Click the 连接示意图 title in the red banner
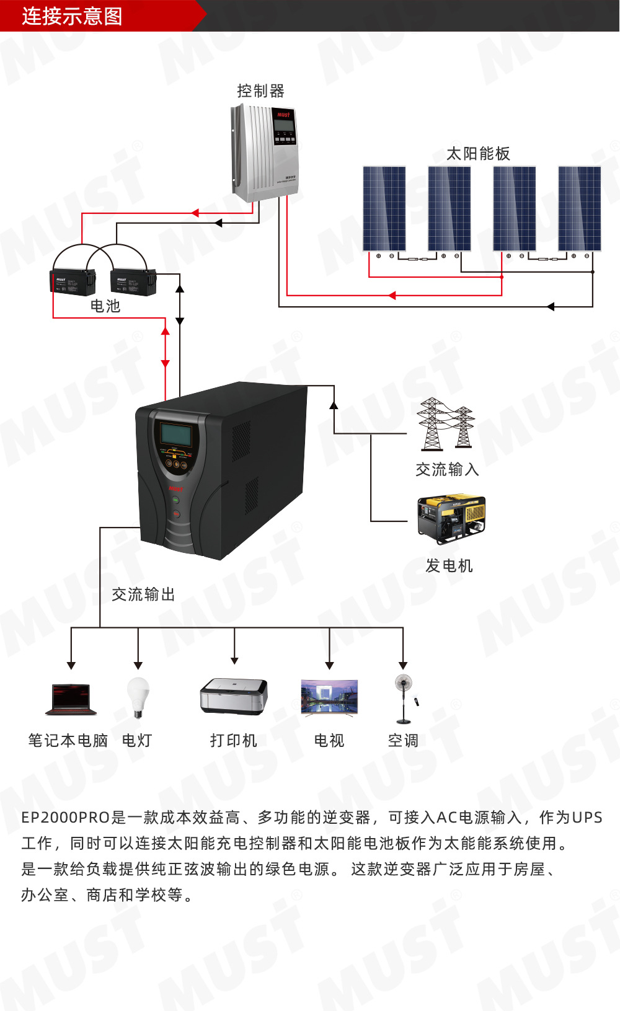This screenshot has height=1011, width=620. pos(72,16)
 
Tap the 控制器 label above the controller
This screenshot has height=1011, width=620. pos(260,91)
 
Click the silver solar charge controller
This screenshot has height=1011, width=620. pos(265,152)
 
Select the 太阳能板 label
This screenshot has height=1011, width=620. pos(478,154)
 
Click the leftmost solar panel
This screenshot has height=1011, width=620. pos(384,208)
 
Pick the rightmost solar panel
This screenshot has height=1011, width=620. pos(579,208)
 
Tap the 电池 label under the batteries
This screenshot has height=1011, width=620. pos(105,306)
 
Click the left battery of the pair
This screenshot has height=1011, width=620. pos(73,281)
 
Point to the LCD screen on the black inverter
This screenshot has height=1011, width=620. pos(176,434)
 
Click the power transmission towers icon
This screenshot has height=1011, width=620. pos(445,424)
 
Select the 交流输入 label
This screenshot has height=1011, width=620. pos(447,469)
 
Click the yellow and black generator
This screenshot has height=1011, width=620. pos(451,519)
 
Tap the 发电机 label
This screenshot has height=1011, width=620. pos(449,565)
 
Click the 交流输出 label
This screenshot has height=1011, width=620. pos(143,594)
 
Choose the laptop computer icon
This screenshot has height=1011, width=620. pos(71,699)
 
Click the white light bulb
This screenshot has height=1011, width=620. pos(138,697)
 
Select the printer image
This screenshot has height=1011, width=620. pos(234,695)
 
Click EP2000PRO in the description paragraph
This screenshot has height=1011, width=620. pos(66,818)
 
